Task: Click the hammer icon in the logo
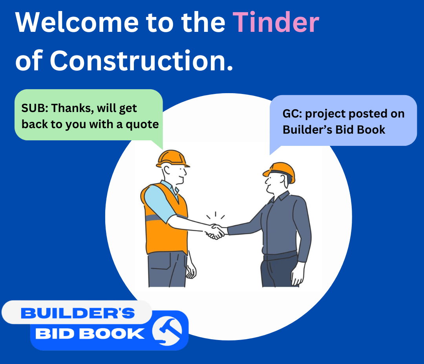pyautogui.click(x=167, y=331)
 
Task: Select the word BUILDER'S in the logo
pyautogui.click(x=78, y=313)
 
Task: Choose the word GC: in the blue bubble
pyautogui.click(x=292, y=114)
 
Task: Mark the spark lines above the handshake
pyautogui.click(x=216, y=215)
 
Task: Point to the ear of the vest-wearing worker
pyautogui.click(x=167, y=170)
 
